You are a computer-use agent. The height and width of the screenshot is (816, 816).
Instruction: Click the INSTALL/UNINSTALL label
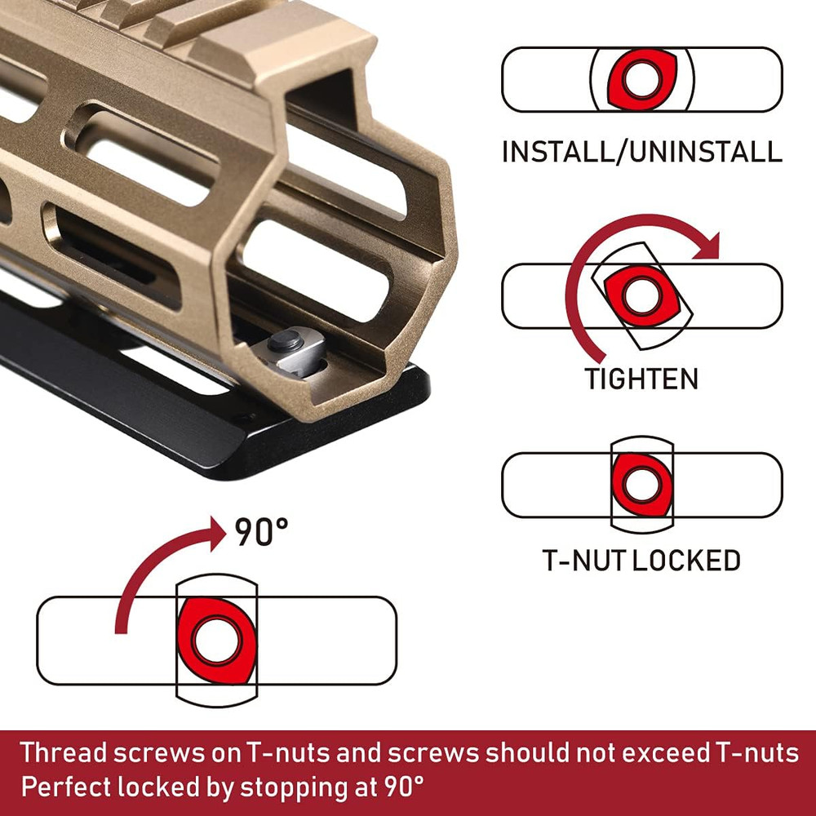click(641, 152)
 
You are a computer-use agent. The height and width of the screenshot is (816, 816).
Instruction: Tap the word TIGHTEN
click(641, 379)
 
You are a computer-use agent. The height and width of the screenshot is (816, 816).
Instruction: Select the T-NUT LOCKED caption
click(641, 560)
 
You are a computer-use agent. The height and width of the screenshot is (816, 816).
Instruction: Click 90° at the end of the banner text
click(403, 787)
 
